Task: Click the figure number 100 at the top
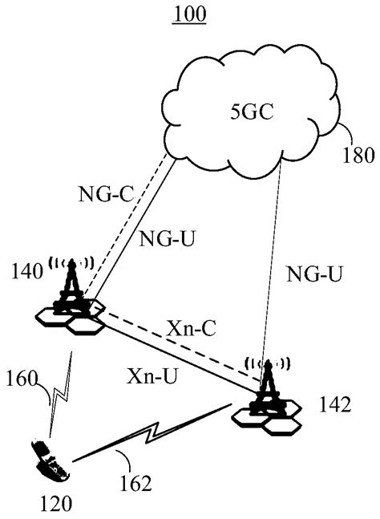(x=189, y=14)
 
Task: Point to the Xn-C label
(x=192, y=328)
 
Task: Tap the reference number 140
(x=26, y=274)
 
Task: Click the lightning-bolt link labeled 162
(x=152, y=437)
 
